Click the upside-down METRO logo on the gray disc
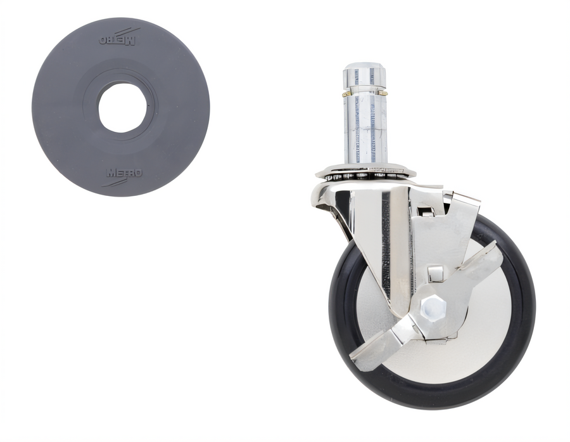[x=117, y=41]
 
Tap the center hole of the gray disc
[x=122, y=108]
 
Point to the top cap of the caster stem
[x=365, y=77]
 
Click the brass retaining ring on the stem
[x=365, y=94]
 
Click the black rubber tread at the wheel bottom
[x=433, y=401]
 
